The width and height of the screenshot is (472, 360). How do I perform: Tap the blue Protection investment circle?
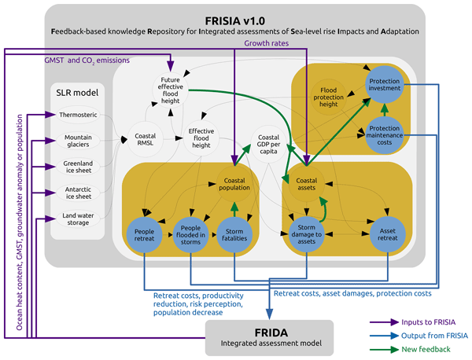pyautogui.click(x=385, y=89)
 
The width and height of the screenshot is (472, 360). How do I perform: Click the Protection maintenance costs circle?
pyautogui.click(x=385, y=132)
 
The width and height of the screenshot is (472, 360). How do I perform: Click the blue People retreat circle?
pyautogui.click(x=144, y=234)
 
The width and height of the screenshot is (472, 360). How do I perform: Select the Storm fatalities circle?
pyautogui.click(x=233, y=234)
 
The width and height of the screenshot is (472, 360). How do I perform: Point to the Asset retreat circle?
pyautogui.click(x=385, y=234)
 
